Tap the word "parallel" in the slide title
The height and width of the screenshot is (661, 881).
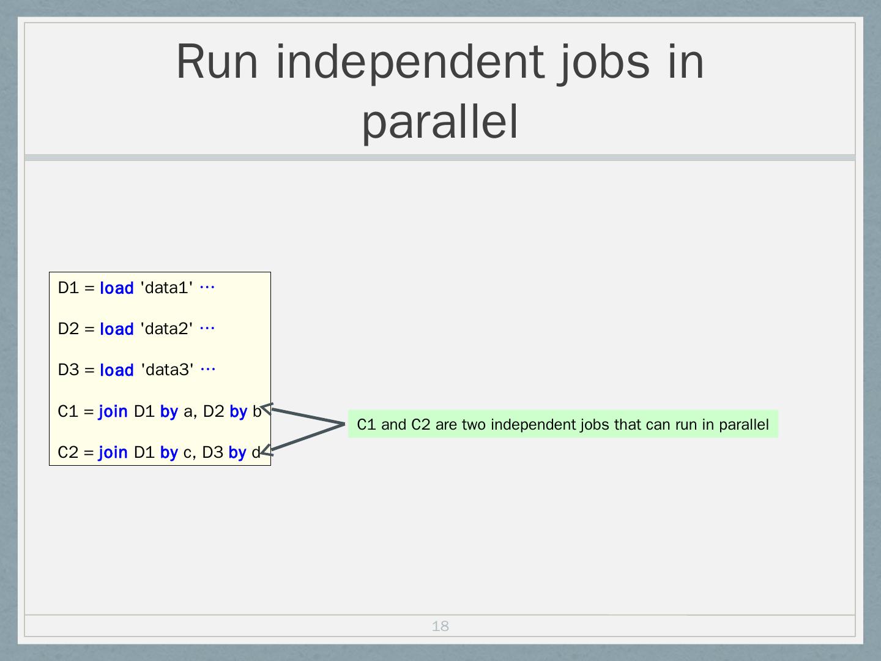(440, 121)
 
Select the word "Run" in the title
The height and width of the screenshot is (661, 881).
(217, 62)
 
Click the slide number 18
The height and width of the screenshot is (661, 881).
(440, 626)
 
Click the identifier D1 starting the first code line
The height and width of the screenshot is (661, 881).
(69, 288)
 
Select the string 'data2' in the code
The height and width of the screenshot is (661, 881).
(166, 329)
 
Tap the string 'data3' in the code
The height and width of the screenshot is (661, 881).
(167, 370)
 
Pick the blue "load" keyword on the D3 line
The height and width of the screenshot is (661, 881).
(116, 370)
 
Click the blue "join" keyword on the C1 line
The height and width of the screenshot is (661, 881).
(113, 411)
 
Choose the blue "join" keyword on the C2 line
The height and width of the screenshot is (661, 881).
(113, 452)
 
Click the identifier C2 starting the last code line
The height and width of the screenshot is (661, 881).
(68, 452)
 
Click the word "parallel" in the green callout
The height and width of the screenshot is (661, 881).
(743, 425)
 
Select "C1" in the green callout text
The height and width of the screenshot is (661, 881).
(366, 425)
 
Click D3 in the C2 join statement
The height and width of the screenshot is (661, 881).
(212, 452)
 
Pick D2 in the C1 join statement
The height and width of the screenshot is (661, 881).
(214, 411)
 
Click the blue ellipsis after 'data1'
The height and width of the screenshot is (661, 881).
(207, 287)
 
